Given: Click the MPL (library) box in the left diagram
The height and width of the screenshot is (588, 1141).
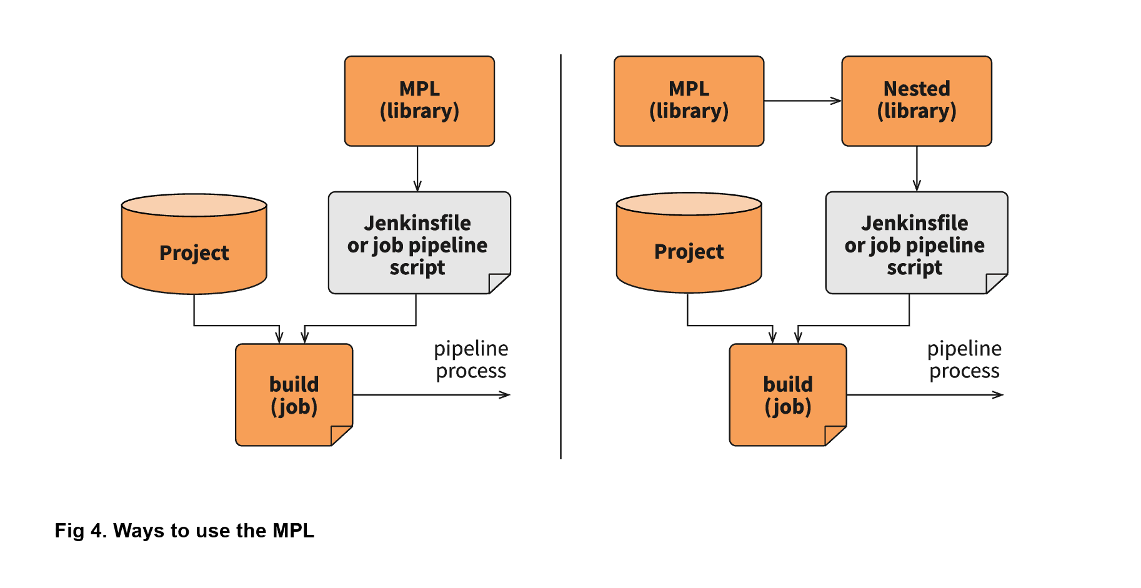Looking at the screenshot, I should (419, 101).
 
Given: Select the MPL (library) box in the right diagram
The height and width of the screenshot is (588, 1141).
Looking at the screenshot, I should (689, 101).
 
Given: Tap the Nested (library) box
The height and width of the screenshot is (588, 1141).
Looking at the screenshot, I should (916, 101).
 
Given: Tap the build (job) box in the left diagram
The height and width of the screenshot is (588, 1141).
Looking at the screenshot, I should (294, 395).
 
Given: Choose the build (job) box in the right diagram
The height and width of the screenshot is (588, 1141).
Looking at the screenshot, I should (787, 395).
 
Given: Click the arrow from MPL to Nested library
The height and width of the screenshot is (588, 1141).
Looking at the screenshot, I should (802, 101).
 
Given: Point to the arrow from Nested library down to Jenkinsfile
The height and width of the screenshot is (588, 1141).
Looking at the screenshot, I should (917, 169).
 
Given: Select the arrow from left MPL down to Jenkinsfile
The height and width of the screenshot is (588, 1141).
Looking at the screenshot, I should (417, 169).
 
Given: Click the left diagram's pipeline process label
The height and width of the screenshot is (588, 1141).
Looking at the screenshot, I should (471, 360).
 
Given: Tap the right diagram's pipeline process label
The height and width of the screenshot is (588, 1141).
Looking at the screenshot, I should (964, 360).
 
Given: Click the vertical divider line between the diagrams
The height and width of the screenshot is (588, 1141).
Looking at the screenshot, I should (561, 256).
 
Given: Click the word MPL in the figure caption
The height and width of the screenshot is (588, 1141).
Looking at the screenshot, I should (293, 531).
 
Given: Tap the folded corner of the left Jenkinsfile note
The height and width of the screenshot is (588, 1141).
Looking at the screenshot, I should (498, 283).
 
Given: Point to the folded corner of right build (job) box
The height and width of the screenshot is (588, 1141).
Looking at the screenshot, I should (834, 435).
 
